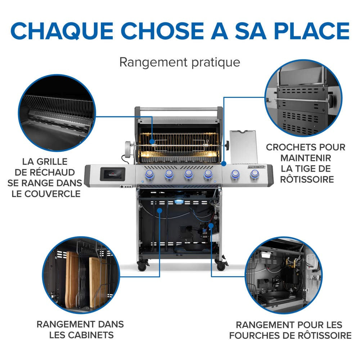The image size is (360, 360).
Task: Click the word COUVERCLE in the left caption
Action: tap(44, 193)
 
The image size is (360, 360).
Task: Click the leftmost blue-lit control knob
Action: tap(149, 175)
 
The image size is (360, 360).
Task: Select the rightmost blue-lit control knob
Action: tap(255, 175)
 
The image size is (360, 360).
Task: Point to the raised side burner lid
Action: tap(243, 146)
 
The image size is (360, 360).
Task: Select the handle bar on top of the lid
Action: tap(178, 109)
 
